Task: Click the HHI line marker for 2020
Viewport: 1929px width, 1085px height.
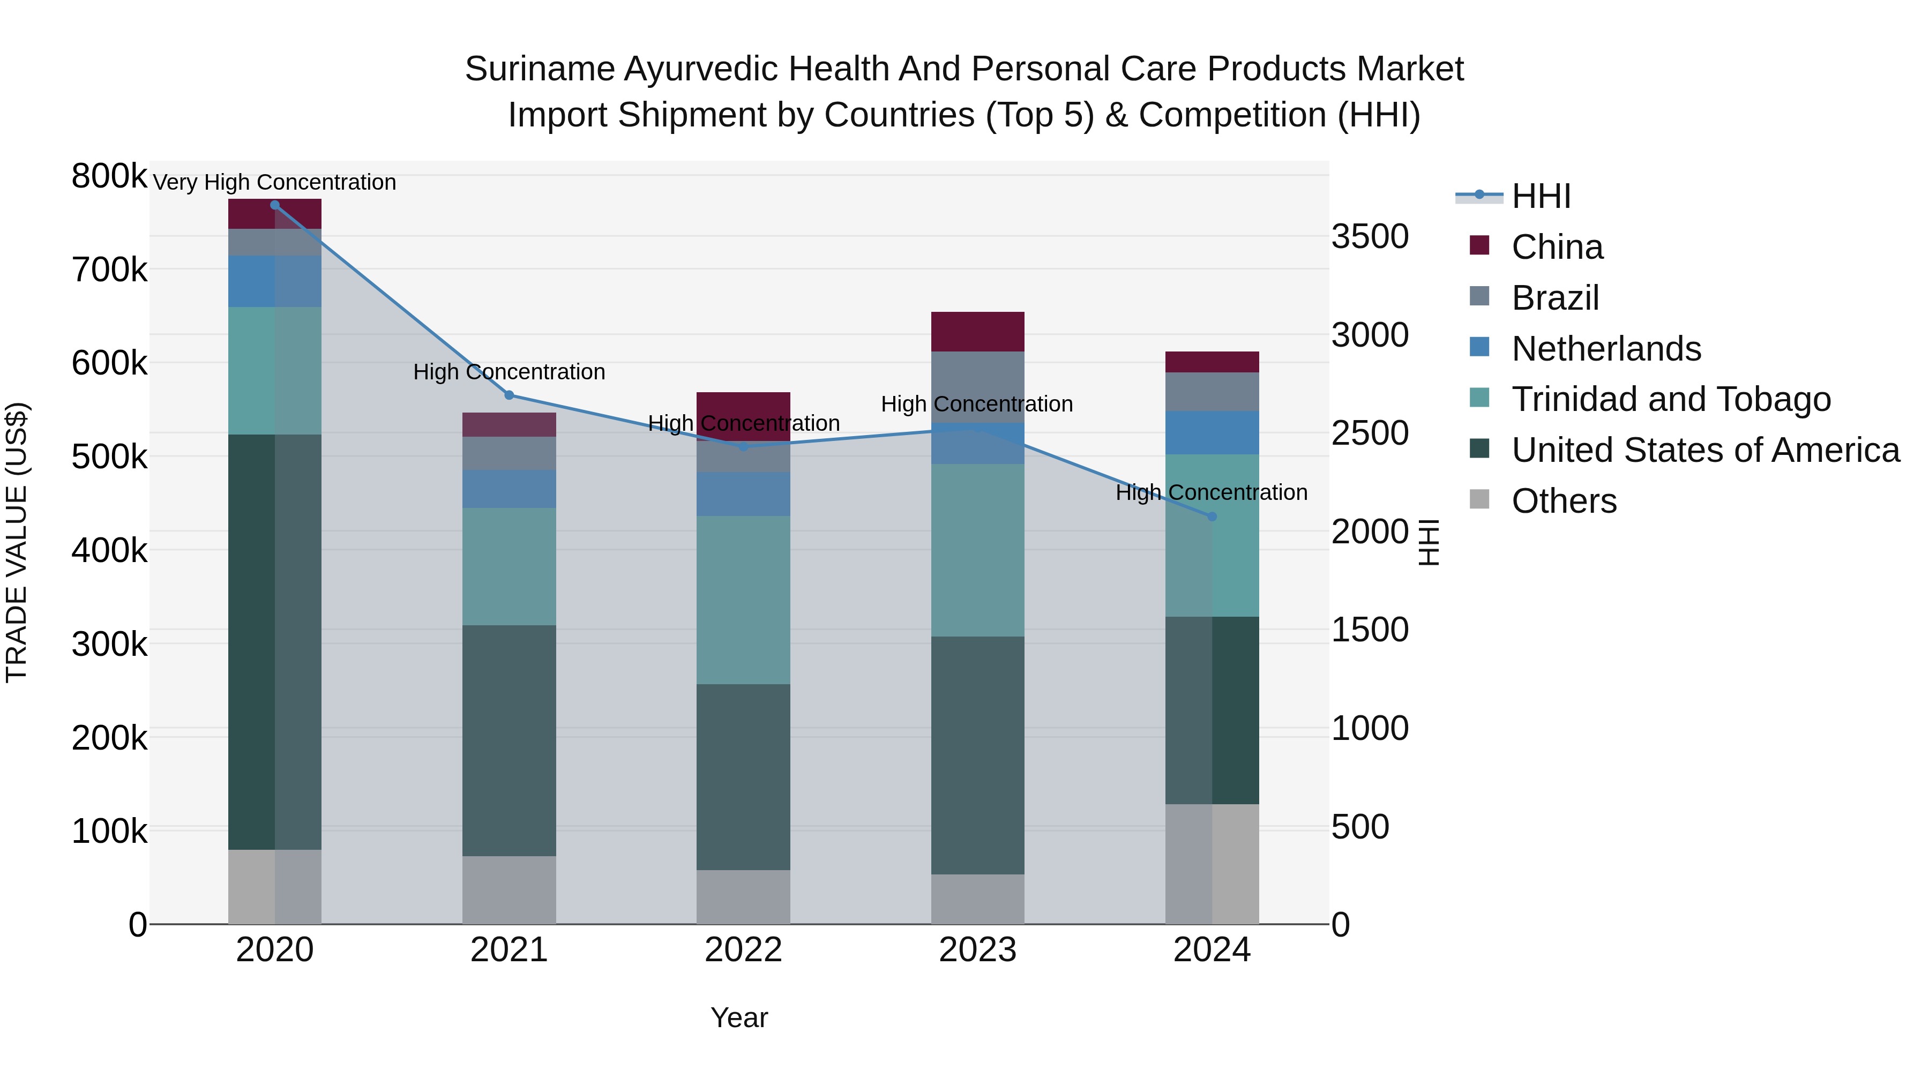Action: click(275, 205)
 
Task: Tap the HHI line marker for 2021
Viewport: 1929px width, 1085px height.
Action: click(509, 395)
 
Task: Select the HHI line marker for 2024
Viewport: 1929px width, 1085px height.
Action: click(1213, 517)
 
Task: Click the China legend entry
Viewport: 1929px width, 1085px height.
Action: click(1557, 247)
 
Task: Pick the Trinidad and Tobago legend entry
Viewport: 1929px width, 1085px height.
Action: click(1671, 399)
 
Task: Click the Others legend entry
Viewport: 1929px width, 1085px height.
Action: click(1564, 501)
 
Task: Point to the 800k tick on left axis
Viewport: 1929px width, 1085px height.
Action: click(109, 177)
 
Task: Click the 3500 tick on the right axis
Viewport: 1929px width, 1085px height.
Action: click(1370, 237)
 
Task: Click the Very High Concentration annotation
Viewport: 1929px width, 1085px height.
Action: click(275, 183)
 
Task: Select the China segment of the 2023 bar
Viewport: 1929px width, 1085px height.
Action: click(977, 332)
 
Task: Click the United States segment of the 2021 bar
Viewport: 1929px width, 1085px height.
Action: click(509, 740)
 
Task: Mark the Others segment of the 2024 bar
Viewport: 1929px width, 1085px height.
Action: click(1213, 864)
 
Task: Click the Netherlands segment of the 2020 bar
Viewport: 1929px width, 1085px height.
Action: click(275, 281)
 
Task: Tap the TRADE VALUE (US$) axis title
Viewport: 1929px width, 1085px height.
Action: click(17, 542)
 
